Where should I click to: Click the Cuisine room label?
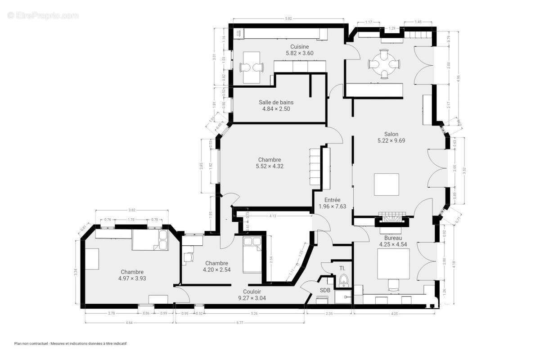pyautogui.click(x=299, y=46)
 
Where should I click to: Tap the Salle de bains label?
pyautogui.click(x=276, y=102)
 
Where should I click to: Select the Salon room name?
pyautogui.click(x=391, y=134)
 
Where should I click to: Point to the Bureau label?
pyautogui.click(x=393, y=238)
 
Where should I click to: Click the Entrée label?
pyautogui.click(x=329, y=200)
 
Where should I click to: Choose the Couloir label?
pyautogui.click(x=252, y=291)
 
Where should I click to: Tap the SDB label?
pyautogui.click(x=325, y=290)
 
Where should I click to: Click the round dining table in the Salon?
pyautogui.click(x=384, y=64)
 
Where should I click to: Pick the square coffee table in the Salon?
pyautogui.click(x=387, y=184)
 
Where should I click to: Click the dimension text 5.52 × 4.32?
pyautogui.click(x=270, y=166)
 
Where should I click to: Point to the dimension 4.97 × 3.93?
pyautogui.click(x=132, y=278)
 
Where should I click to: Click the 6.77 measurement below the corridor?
pyautogui.click(x=239, y=322)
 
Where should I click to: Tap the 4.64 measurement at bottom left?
pyautogui.click(x=129, y=322)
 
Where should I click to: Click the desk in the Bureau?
pyautogui.click(x=393, y=264)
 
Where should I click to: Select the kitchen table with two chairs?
pyautogui.click(x=252, y=67)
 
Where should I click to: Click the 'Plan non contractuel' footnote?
pyautogui.click(x=70, y=343)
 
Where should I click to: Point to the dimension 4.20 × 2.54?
pyautogui.click(x=216, y=270)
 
